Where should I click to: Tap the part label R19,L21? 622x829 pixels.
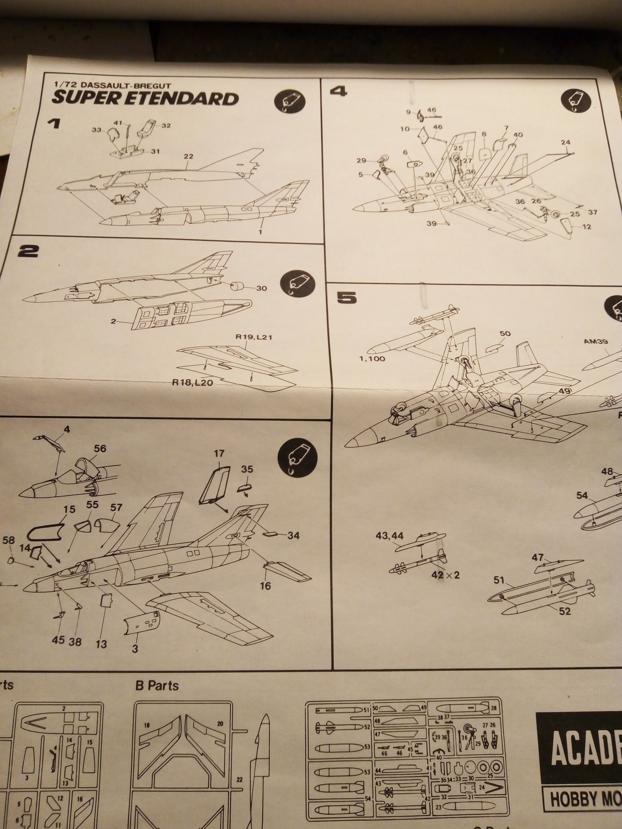click(253, 337)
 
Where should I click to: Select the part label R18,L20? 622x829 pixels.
click(192, 383)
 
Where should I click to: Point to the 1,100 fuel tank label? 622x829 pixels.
click(372, 359)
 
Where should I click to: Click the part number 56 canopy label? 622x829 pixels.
click(100, 449)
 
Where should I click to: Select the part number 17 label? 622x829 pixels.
click(219, 454)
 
